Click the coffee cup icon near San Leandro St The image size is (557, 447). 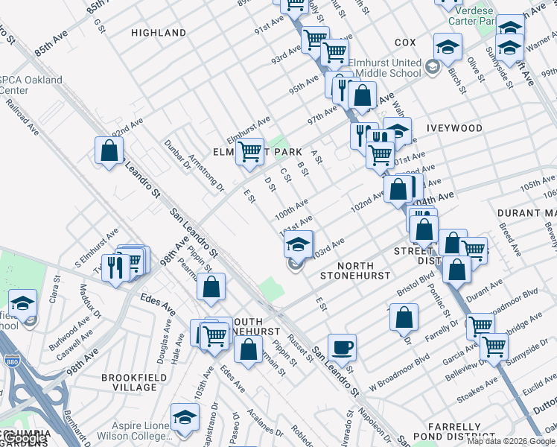coord(342,347)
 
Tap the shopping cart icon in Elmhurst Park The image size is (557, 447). coord(249,151)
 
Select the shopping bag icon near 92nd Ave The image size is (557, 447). coord(109,150)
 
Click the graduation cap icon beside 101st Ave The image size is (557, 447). coord(298,244)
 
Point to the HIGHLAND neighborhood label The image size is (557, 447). coord(159,33)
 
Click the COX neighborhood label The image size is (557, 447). coord(405,43)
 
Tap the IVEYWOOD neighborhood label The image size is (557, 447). coord(454,128)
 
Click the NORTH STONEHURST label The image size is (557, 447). coord(354,270)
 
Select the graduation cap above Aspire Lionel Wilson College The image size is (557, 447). coord(185,418)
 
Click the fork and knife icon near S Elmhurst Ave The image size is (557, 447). coord(115,267)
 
